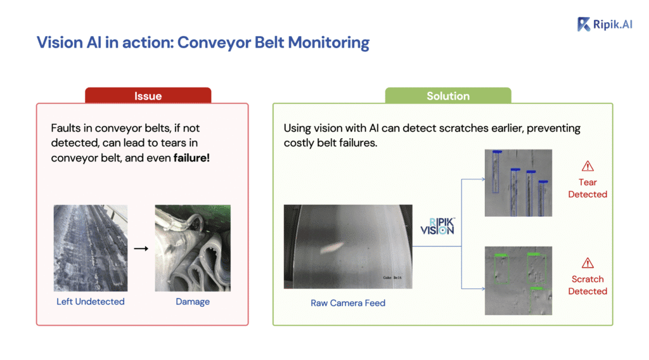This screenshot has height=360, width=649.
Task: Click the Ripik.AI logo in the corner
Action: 606,24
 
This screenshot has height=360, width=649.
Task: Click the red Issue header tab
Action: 148,96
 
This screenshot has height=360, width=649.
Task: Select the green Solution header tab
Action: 447,96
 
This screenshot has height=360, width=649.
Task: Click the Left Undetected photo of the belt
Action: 90,248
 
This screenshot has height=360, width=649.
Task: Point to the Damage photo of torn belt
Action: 193,248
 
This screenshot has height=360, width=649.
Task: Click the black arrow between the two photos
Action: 141,248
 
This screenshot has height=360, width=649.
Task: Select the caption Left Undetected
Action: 90,302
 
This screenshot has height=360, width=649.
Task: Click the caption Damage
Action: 193,302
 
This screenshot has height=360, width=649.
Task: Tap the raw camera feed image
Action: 347,247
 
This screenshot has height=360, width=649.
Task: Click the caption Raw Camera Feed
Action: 347,303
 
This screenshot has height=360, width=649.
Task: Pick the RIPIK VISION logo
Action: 437,226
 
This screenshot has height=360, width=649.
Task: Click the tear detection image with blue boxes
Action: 518,183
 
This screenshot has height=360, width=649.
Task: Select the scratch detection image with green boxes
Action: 518,280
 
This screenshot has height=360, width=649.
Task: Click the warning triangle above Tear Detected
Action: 588,166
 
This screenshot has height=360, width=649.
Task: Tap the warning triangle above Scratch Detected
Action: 588,262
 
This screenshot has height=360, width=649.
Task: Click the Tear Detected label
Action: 588,188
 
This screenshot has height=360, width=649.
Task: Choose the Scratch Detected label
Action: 588,285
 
